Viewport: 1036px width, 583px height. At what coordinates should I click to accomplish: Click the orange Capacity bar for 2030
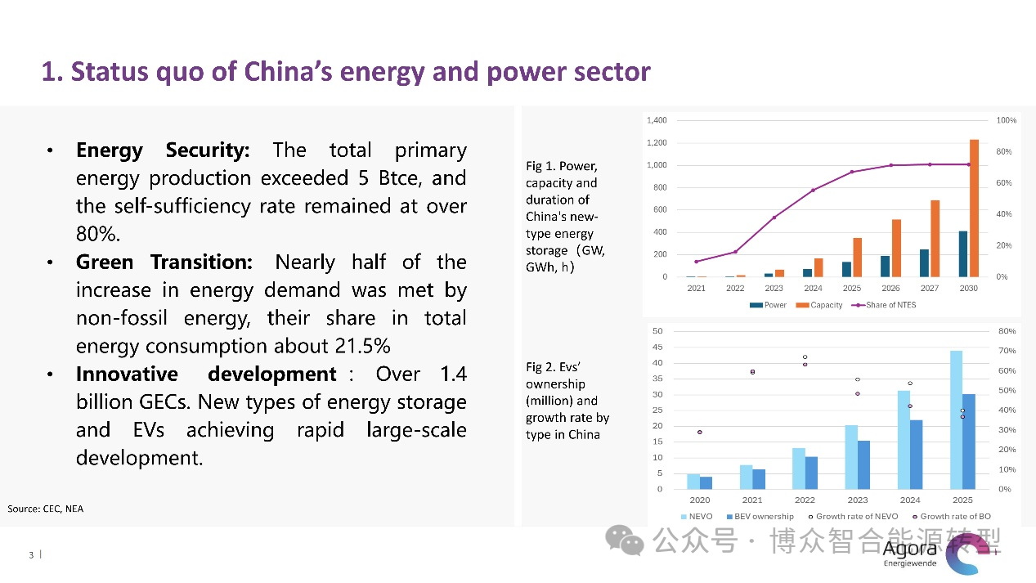(x=974, y=209)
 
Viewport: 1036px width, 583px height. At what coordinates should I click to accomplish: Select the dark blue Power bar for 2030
(x=963, y=254)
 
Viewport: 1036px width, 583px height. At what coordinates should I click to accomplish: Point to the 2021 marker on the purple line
(x=696, y=262)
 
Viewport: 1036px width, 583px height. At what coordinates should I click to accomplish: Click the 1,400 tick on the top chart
(x=657, y=120)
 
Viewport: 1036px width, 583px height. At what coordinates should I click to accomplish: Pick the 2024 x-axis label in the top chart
(x=813, y=288)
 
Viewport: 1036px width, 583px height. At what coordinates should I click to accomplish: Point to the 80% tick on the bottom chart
(x=1007, y=331)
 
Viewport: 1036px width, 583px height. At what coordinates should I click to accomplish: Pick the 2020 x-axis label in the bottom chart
(x=699, y=500)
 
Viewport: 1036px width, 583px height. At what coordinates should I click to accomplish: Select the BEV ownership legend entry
(x=758, y=517)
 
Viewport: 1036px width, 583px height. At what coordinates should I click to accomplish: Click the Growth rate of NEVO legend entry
(x=855, y=517)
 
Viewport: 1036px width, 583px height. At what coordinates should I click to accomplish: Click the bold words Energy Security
(x=162, y=150)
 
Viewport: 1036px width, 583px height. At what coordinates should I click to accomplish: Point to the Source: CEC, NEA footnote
(x=45, y=509)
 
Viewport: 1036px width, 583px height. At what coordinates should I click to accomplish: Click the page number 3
(x=31, y=556)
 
